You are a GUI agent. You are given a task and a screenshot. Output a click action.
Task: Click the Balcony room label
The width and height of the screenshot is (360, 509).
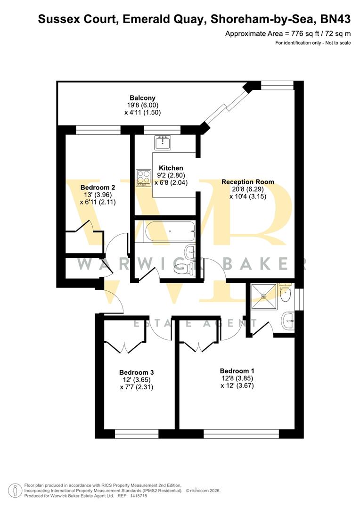(x=139, y=98)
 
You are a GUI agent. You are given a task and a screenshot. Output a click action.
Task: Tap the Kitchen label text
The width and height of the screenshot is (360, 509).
(x=171, y=168)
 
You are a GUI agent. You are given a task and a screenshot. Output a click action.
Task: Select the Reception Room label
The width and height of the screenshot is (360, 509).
(x=247, y=182)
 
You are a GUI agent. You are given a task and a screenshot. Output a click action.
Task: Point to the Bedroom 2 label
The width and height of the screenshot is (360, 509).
(x=98, y=187)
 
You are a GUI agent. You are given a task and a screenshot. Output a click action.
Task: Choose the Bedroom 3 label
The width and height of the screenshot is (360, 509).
(x=137, y=372)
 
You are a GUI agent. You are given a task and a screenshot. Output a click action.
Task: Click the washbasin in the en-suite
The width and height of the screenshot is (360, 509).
(x=288, y=321)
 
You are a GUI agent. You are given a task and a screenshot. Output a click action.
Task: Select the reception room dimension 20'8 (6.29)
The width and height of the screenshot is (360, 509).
(x=247, y=189)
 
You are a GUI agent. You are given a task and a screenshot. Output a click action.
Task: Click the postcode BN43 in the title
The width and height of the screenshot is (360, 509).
(x=335, y=19)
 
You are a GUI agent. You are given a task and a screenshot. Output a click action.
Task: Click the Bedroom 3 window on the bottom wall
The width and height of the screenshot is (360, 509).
(x=137, y=434)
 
